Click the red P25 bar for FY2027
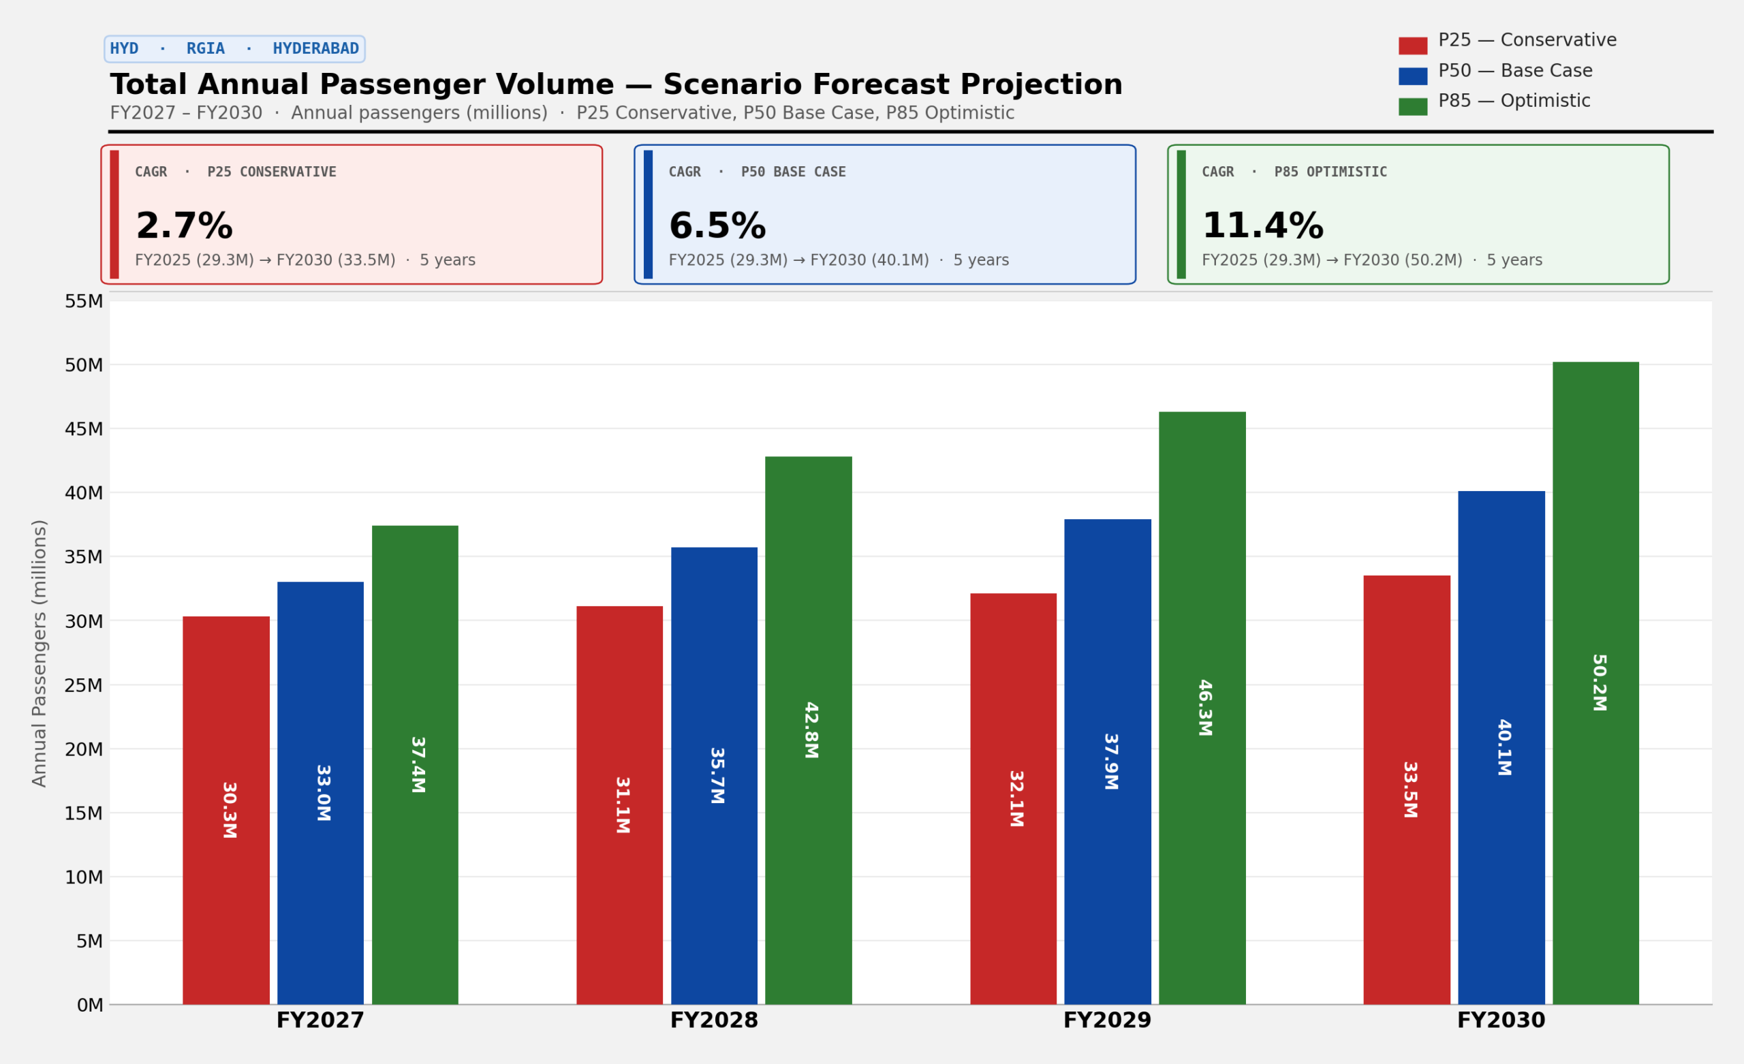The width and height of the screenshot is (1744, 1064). [225, 811]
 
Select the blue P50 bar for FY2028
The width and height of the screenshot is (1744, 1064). [714, 776]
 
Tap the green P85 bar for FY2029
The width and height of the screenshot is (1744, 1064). [1202, 708]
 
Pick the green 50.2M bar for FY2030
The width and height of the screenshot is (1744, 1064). [1595, 683]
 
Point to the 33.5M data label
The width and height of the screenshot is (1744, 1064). [1410, 789]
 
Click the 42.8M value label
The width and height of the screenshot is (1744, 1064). [811, 730]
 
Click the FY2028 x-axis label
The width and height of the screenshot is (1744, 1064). [714, 1021]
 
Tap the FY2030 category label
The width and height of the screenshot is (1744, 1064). [1501, 1021]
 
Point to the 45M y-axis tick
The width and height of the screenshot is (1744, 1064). [84, 429]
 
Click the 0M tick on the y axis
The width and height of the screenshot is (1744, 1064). [90, 1005]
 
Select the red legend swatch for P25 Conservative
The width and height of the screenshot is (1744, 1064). [1413, 46]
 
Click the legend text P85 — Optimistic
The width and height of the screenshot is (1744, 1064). [1514, 101]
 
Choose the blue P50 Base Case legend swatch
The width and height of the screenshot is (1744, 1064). [1413, 76]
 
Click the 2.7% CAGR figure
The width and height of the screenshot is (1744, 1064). [184, 227]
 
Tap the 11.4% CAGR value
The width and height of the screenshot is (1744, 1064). [1263, 227]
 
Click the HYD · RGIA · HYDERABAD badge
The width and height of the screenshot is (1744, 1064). [234, 49]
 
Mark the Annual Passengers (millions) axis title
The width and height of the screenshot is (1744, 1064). [40, 653]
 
